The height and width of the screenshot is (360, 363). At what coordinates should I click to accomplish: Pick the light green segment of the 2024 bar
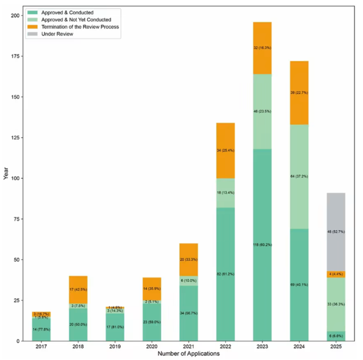coord(299,161)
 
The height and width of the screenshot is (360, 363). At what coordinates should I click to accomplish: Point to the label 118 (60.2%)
coord(262,245)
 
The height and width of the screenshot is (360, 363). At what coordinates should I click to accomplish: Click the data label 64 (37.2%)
coord(299,176)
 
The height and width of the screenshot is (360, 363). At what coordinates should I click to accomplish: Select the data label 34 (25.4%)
coord(226,150)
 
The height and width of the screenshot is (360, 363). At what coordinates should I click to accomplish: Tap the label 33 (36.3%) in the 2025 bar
coord(336,304)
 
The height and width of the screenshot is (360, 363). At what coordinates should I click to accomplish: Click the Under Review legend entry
coord(57,34)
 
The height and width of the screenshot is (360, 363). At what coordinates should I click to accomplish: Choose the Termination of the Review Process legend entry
coord(80,27)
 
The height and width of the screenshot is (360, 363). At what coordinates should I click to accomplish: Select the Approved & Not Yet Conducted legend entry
coord(76,20)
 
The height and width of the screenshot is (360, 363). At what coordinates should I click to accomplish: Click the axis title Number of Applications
coord(189,354)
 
